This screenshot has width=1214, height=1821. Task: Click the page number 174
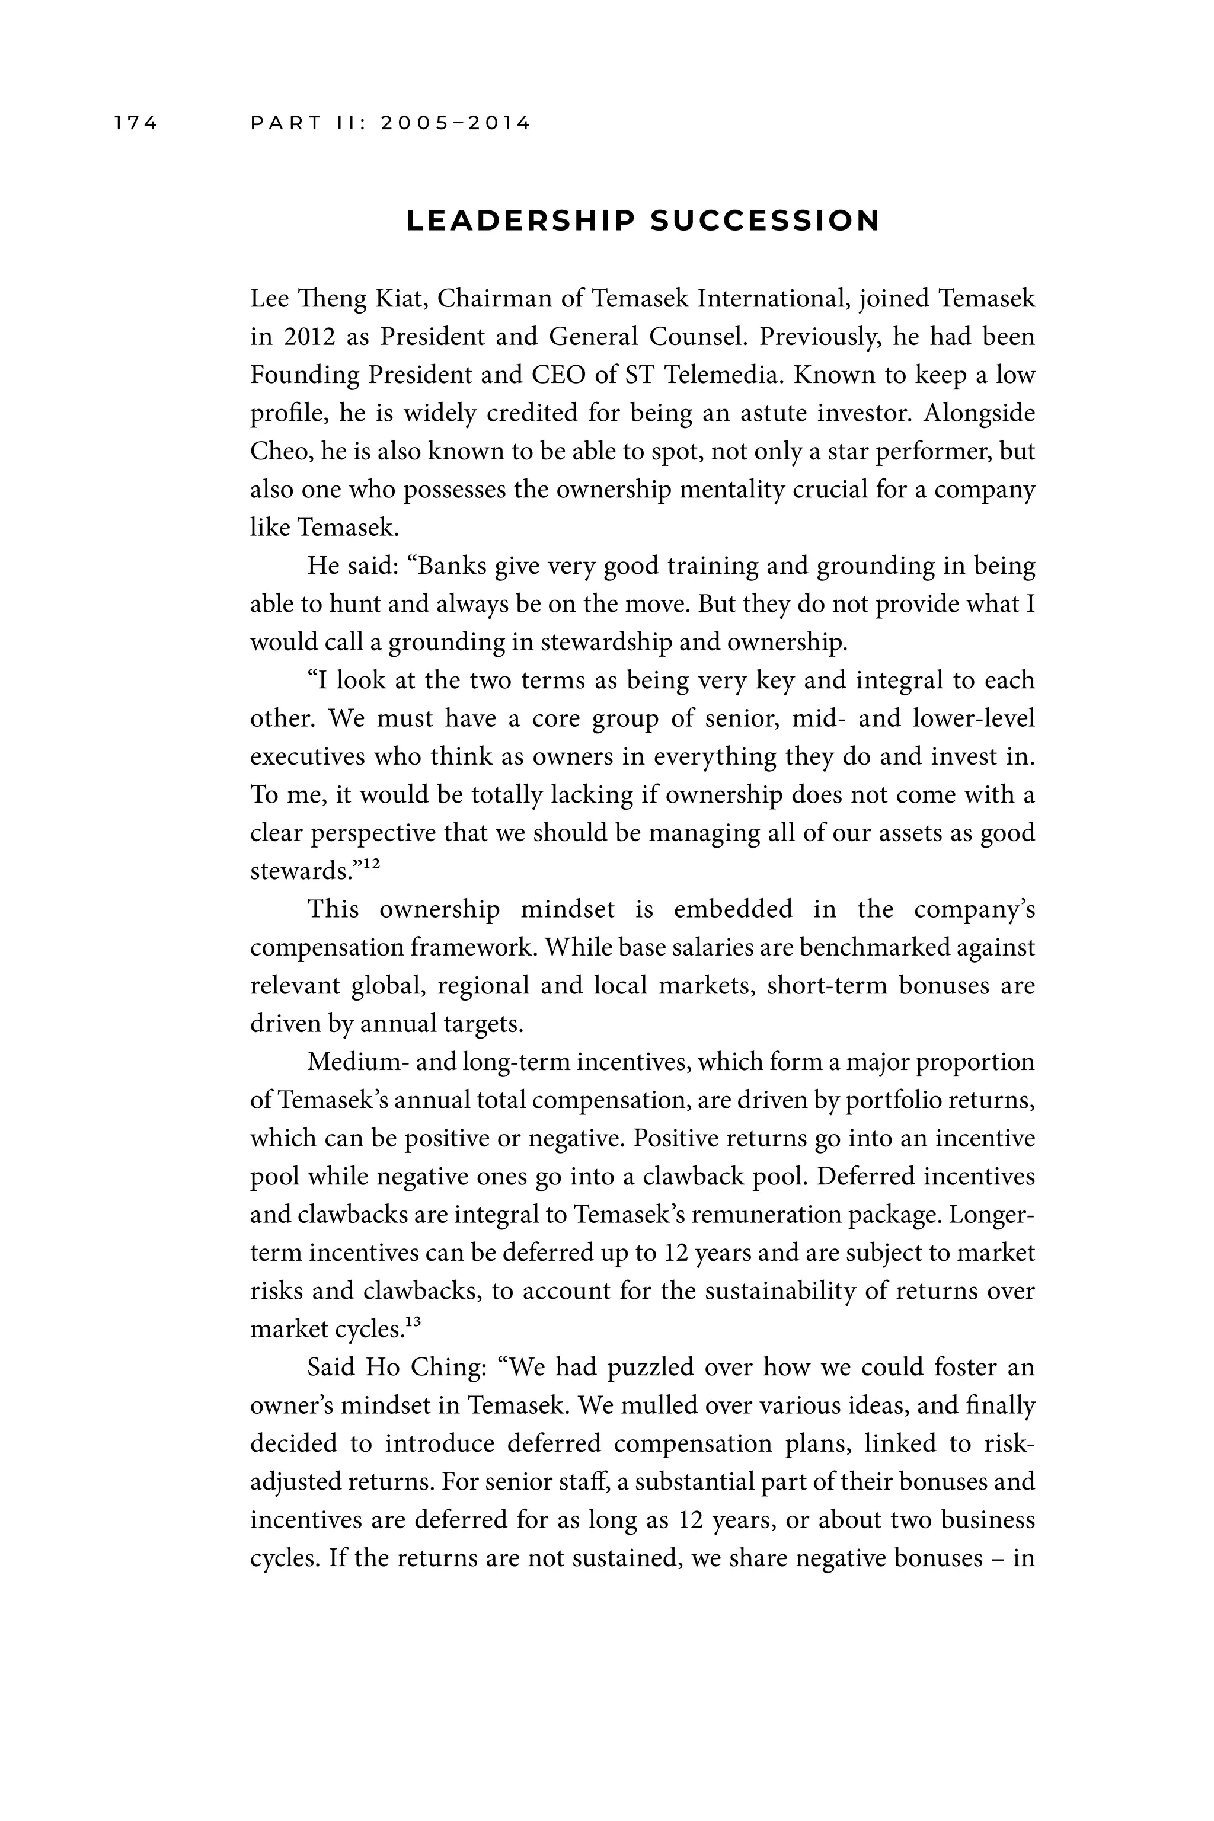click(136, 123)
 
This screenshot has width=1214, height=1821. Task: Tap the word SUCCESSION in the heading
click(765, 222)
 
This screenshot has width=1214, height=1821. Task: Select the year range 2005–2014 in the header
click(456, 123)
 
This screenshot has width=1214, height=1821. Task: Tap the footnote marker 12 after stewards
click(372, 864)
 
